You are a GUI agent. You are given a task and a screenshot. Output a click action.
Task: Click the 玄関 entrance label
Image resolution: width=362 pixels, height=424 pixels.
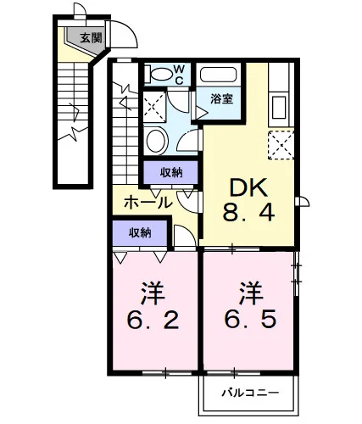point(91,37)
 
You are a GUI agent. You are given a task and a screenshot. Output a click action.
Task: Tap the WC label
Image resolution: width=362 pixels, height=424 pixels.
point(179,75)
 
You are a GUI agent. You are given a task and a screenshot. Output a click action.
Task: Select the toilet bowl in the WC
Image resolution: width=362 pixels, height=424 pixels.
point(159,75)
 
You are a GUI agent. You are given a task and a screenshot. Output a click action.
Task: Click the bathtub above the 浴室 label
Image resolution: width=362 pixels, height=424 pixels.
point(218,75)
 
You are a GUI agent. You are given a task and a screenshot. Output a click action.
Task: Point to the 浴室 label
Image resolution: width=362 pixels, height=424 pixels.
point(222,98)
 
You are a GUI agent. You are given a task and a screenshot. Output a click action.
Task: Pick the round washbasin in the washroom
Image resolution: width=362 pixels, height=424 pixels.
point(156,140)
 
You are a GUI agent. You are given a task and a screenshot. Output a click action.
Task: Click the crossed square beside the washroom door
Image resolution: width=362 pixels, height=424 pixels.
point(154,107)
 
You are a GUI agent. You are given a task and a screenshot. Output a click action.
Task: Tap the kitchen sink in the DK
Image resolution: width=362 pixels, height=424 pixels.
point(279,107)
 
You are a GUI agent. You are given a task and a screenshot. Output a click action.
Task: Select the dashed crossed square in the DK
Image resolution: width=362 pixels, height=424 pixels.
point(281,145)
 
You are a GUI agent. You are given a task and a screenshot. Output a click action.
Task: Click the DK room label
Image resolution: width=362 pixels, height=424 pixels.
point(248,187)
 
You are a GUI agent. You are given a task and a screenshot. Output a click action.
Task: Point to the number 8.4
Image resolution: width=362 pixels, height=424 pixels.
point(248,213)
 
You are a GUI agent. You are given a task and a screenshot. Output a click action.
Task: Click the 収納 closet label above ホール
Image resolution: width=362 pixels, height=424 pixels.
point(171,172)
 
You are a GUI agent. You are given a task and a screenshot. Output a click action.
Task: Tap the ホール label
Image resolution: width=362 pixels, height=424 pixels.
point(148,203)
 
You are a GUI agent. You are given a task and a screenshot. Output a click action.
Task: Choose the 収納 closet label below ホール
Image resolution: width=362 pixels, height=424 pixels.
point(140,232)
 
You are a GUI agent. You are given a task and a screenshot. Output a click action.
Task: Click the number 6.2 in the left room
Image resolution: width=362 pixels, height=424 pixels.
point(153,321)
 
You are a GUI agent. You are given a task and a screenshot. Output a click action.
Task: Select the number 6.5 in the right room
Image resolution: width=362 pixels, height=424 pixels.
point(250,319)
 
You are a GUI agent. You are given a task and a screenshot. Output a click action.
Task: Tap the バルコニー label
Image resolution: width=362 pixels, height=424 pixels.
point(250,393)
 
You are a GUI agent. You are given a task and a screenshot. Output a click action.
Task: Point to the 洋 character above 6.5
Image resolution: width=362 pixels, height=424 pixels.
point(251,293)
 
